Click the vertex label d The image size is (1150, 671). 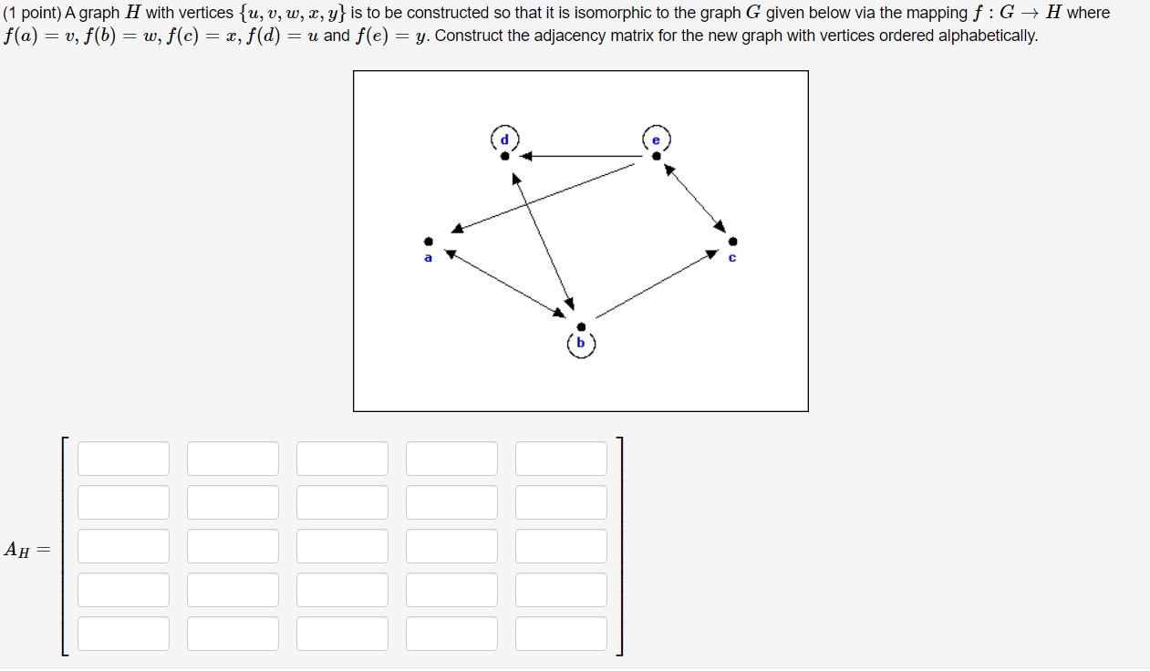click(504, 139)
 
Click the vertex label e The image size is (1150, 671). click(656, 139)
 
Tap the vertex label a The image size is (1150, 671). click(428, 258)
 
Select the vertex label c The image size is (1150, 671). click(732, 258)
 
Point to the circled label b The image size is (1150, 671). click(581, 344)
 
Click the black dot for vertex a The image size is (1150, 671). click(429, 242)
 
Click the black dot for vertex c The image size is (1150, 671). click(733, 242)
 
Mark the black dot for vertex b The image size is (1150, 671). click(581, 326)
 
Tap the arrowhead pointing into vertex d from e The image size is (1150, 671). click(526, 156)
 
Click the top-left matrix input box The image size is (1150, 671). click(123, 459)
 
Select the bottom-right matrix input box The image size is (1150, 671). click(561, 634)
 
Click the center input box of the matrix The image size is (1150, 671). click(342, 546)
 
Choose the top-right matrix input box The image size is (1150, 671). click(561, 459)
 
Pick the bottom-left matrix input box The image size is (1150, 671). click(123, 634)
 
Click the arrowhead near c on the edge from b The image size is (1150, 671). click(711, 255)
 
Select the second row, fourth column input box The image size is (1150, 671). click(451, 502)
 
